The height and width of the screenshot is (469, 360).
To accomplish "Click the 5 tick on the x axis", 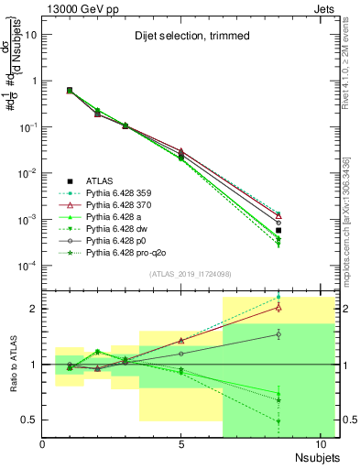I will (182, 443).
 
